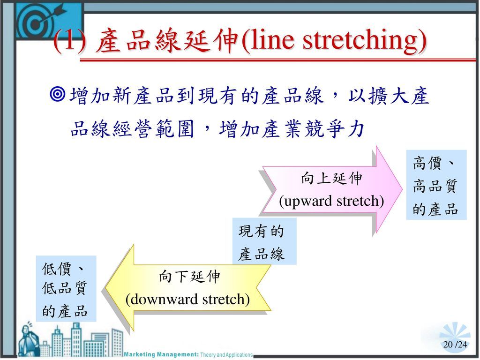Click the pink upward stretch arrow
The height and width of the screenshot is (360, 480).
[332, 190]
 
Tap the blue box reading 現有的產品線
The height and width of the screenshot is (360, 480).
[264, 241]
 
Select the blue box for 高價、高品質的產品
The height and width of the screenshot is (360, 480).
[436, 185]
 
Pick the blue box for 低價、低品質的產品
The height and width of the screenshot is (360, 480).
[66, 289]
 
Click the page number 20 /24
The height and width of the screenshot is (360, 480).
[455, 345]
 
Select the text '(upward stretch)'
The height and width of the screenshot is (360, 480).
[331, 201]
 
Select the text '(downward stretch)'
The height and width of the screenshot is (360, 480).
[187, 300]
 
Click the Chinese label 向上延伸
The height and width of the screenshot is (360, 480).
[331, 178]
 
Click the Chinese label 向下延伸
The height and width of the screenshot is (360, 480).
[189, 277]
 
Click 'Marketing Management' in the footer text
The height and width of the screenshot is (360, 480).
[161, 354]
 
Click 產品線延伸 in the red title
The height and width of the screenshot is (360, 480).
[166, 40]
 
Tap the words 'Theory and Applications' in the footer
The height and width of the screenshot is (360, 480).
[226, 355]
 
